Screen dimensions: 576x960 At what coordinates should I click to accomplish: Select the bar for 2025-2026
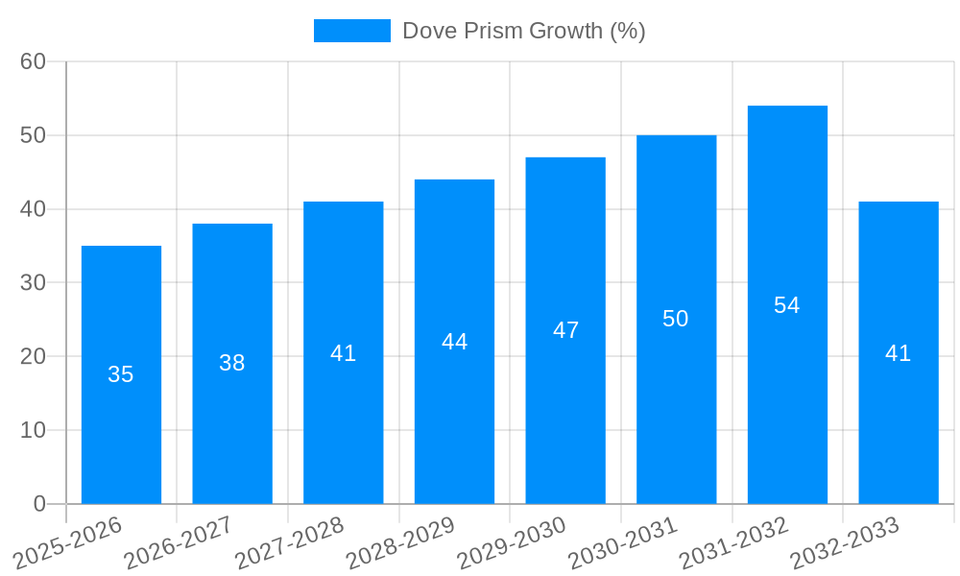point(121,374)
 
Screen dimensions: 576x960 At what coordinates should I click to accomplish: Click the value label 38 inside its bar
point(232,363)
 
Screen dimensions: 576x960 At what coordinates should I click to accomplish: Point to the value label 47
point(565,330)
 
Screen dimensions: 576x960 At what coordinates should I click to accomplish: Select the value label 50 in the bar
point(676,319)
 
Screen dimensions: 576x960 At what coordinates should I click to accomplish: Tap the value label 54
point(787,305)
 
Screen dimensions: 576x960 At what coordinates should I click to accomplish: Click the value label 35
point(121,374)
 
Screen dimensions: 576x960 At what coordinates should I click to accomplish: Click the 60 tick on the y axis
point(34,61)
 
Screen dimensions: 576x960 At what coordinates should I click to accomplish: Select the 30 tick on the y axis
point(34,283)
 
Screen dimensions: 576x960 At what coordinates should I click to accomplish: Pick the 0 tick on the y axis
point(39,504)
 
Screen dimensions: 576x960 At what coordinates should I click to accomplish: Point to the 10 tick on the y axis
point(34,430)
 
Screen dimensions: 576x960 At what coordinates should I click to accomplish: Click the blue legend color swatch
point(352,31)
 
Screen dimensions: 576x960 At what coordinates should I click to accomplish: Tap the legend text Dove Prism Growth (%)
point(523,31)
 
